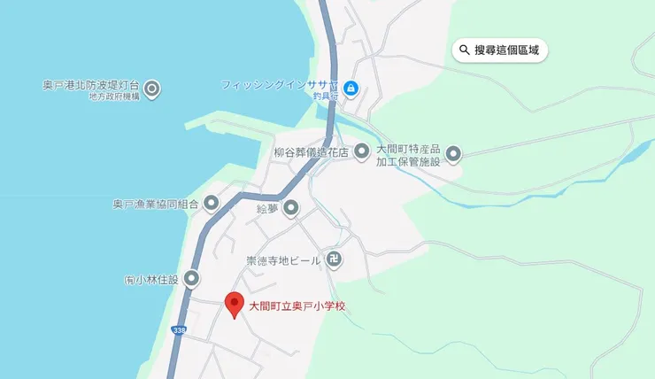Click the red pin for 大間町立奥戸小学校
(235, 304)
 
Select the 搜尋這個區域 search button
(500, 50)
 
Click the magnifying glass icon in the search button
(465, 50)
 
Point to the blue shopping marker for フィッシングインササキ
(351, 88)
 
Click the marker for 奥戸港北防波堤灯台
(152, 89)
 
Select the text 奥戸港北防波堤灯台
(91, 85)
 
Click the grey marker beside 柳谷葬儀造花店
(361, 152)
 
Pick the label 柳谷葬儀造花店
(312, 152)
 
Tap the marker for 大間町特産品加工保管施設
(453, 155)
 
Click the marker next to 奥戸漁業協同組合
(212, 204)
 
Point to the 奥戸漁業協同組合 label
(156, 204)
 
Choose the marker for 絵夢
(291, 209)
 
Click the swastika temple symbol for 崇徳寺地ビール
(335, 260)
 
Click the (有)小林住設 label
(151, 280)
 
